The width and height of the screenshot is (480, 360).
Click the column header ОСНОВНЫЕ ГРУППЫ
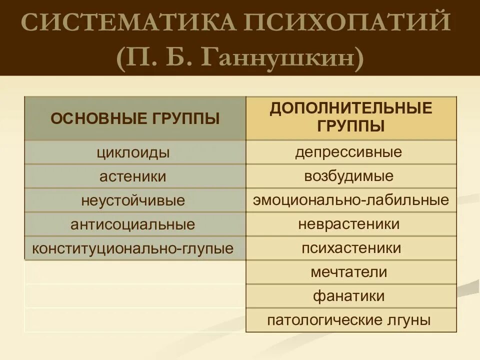coord(135,118)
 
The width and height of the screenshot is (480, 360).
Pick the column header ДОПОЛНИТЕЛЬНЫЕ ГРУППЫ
coord(351,116)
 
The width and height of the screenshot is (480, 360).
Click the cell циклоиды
coord(133,153)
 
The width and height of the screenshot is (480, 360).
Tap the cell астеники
coord(133,177)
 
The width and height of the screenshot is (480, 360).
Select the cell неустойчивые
coord(133,201)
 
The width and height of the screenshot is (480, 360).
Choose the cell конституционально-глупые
coord(133,249)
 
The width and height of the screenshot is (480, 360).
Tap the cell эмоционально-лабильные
coord(351,200)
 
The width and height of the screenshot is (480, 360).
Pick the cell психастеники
coord(351,248)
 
